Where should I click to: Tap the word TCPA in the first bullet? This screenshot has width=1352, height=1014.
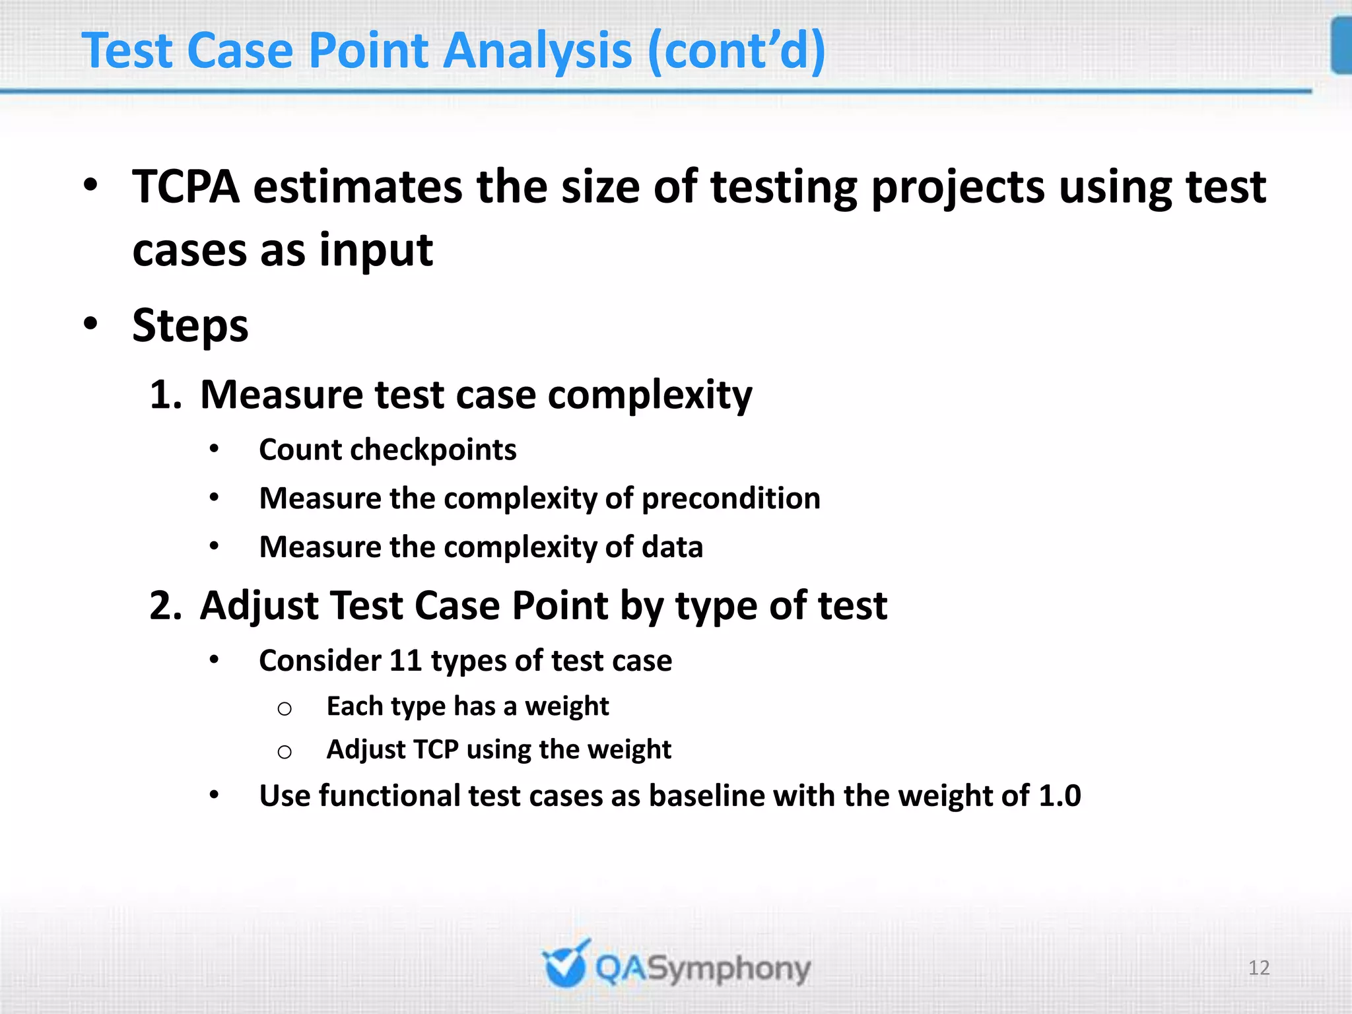pyautogui.click(x=186, y=187)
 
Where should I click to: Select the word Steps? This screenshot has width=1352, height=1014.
pyautogui.click(x=190, y=326)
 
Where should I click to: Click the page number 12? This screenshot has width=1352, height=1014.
pyautogui.click(x=1258, y=968)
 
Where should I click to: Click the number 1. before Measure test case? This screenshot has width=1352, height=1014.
pyautogui.click(x=165, y=395)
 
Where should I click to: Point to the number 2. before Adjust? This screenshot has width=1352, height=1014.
pyautogui.click(x=165, y=605)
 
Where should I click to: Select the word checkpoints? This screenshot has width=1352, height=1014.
pyautogui.click(x=433, y=450)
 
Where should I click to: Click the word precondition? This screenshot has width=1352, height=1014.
pyautogui.click(x=731, y=498)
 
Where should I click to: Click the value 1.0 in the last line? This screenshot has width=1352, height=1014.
pyautogui.click(x=1060, y=795)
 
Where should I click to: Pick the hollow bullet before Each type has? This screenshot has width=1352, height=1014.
pyautogui.click(x=285, y=709)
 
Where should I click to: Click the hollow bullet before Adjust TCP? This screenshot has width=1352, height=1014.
pyautogui.click(x=285, y=752)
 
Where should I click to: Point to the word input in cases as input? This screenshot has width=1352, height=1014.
pyautogui.click(x=376, y=251)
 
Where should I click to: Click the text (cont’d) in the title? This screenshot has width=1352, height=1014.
pyautogui.click(x=736, y=51)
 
